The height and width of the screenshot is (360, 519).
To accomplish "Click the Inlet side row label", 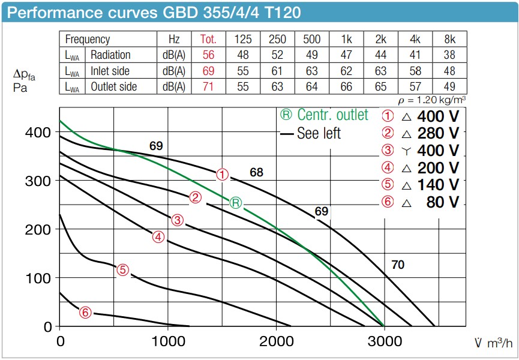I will [x=110, y=71].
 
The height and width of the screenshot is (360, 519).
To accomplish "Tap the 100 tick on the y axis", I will [x=38, y=278].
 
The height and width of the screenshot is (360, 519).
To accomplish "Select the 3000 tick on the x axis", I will [x=384, y=341].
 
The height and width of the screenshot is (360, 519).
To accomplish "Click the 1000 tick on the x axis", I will [x=168, y=341].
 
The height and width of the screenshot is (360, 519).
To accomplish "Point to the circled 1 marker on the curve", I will [x=223, y=175].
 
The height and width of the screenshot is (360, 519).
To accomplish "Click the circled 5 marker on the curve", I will [x=122, y=270].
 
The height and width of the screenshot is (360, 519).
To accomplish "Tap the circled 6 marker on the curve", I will [x=86, y=312].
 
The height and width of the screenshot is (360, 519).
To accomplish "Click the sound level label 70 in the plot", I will [x=397, y=264].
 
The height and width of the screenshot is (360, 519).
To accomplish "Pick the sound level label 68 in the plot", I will [x=256, y=173].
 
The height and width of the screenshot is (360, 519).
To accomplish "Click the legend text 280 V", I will [x=439, y=133].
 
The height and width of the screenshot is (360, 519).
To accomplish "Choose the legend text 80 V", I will [x=443, y=202].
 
